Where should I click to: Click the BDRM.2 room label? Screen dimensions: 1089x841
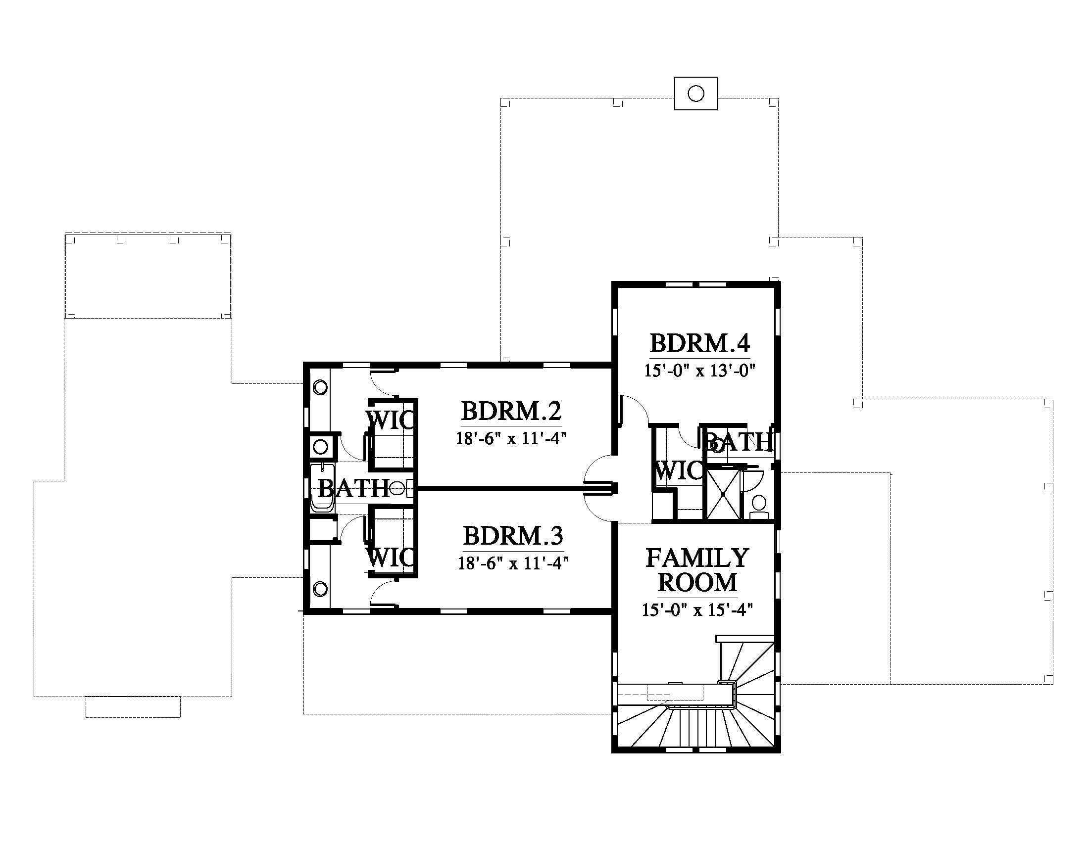(512, 412)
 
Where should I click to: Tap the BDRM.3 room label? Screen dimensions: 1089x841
(513, 537)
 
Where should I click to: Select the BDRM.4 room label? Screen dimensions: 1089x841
(699, 343)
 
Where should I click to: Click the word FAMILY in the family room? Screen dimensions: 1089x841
(697, 558)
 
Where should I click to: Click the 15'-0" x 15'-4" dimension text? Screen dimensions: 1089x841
(697, 610)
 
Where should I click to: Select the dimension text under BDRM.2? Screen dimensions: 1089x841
(512, 438)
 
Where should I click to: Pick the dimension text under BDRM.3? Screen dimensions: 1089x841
(514, 563)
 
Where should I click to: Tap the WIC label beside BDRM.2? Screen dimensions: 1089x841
(390, 420)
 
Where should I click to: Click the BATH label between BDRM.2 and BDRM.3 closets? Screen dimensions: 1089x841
(354, 488)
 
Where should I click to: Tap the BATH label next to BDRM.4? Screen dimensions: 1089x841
(738, 442)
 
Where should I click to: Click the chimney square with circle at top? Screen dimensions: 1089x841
(695, 93)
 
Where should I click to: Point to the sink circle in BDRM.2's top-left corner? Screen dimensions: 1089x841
(320, 387)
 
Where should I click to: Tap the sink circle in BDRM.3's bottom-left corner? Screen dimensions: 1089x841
(320, 589)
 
